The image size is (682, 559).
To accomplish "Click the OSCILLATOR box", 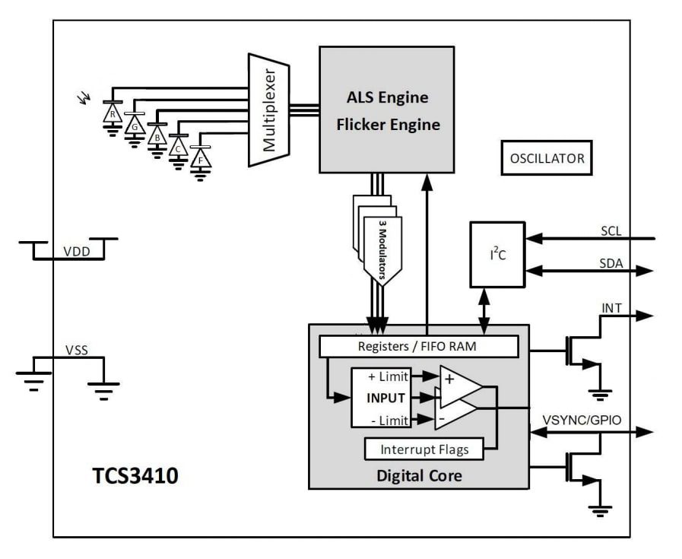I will (547, 159).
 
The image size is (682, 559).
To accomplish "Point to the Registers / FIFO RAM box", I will (418, 346).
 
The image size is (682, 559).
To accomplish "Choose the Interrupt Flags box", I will (424, 449).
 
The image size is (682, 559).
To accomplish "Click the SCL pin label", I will (611, 230).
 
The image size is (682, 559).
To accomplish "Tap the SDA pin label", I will (611, 263).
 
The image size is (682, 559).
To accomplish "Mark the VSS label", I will (76, 351).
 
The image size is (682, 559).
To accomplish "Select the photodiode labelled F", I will (201, 159).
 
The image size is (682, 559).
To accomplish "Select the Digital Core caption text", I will (418, 477).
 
